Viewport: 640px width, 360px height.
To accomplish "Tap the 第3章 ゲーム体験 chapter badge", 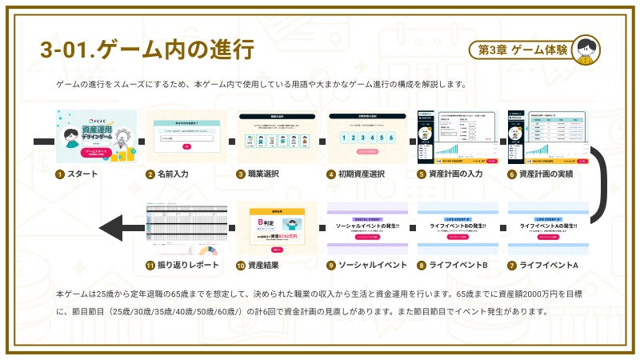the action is point(522,50).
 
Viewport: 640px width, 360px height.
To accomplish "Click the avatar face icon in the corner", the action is point(586,50).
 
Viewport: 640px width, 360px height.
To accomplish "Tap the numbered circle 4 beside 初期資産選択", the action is point(330,174).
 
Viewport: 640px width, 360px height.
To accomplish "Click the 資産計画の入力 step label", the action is point(455,174).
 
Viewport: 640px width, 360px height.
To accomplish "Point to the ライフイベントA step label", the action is point(549,265).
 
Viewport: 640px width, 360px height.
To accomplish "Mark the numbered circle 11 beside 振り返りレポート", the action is point(150,265).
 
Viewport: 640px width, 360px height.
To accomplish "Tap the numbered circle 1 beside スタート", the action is point(59,174).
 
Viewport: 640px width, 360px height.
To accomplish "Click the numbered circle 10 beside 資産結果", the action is point(240,265).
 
